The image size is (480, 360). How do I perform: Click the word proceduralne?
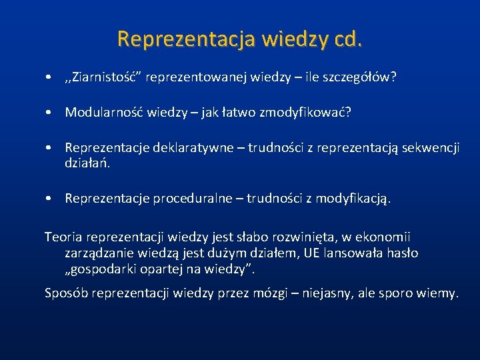[x=193, y=198]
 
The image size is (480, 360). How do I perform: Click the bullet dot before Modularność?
[x=50, y=113]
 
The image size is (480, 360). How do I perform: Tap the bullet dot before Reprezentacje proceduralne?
[x=50, y=199]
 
